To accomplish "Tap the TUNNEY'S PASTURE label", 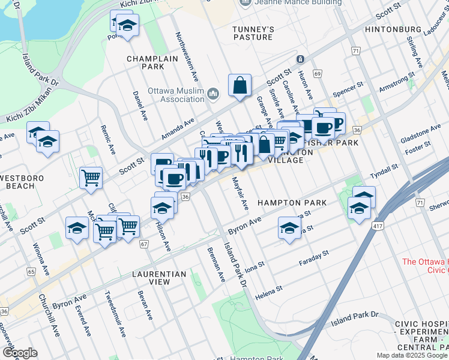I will coord(254,33).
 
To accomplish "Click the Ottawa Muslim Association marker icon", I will coord(214,93).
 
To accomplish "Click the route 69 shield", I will coord(317,73).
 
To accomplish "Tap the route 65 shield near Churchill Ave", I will coord(31,272).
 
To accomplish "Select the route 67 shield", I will coord(143,244).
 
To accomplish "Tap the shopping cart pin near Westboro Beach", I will coord(91,177).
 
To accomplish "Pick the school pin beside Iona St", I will coord(289,229).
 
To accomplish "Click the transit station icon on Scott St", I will coord(300,59).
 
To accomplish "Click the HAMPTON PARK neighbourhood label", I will coord(292,203).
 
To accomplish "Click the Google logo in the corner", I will coord(19,353).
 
